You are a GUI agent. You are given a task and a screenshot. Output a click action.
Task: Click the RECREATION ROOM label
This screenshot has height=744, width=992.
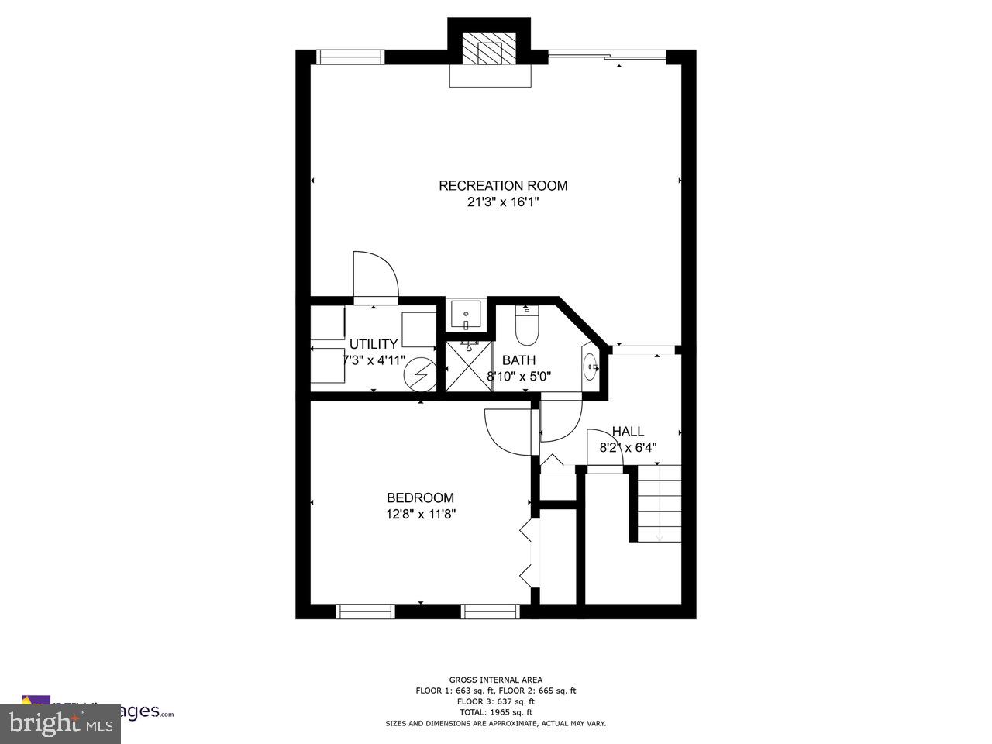(x=503, y=185)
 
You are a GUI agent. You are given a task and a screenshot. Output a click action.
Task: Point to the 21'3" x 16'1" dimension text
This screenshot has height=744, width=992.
(x=503, y=202)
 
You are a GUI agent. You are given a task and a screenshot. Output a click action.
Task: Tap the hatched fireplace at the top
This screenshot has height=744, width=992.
(x=490, y=50)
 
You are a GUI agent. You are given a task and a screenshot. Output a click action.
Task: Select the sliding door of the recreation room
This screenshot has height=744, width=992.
(x=607, y=56)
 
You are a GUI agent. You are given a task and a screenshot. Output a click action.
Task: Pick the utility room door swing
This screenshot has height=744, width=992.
(x=374, y=276)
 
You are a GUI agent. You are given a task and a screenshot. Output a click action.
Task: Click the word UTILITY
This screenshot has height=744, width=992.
(x=374, y=344)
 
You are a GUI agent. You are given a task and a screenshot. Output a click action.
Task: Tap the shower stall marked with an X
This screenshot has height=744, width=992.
(x=468, y=369)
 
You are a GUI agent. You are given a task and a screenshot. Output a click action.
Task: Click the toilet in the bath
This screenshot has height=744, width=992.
(x=527, y=326)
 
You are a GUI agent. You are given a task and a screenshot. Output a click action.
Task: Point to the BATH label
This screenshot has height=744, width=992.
(x=518, y=360)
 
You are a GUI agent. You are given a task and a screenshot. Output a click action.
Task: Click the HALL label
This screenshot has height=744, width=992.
(x=628, y=432)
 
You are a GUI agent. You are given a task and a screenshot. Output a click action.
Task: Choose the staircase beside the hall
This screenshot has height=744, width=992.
(x=659, y=504)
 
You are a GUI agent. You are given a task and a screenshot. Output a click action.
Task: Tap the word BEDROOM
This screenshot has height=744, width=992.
(x=420, y=498)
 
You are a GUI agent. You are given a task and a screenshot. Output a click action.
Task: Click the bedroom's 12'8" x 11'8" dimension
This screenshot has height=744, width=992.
(x=420, y=514)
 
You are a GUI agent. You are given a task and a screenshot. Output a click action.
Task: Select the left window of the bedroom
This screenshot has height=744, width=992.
(x=366, y=611)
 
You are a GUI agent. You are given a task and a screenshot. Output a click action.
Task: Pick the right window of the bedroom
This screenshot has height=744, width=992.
(x=490, y=611)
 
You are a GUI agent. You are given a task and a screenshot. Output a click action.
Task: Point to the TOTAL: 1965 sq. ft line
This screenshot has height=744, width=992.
(x=496, y=711)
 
